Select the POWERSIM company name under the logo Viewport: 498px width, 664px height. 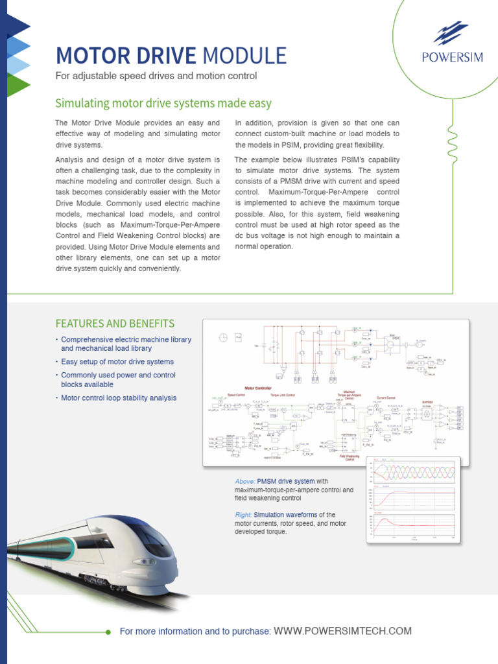pyautogui.click(x=452, y=57)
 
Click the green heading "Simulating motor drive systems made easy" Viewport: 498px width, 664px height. pyautogui.click(x=163, y=104)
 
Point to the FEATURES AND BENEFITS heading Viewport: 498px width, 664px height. pyautogui.click(x=115, y=324)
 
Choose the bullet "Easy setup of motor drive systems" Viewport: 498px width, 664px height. pyautogui.click(x=117, y=362)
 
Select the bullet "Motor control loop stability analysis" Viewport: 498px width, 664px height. pyautogui.click(x=119, y=398)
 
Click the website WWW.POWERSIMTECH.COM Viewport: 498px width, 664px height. pyautogui.click(x=343, y=631)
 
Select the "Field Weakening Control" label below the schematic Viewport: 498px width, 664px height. pyautogui.click(x=349, y=458)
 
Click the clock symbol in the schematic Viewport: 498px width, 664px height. pyautogui.click(x=223, y=337)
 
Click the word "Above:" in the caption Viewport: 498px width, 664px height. pyautogui.click(x=244, y=482)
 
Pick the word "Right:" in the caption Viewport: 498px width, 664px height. pyautogui.click(x=243, y=515)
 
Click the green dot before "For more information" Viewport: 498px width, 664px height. pyautogui.click(x=108, y=632)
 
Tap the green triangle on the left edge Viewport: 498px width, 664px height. pyautogui.click(x=18, y=85)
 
